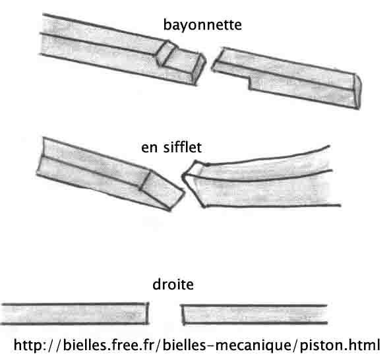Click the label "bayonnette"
click(x=202, y=26)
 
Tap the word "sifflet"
click(x=182, y=147)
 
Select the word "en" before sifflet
click(x=149, y=148)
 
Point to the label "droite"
click(x=173, y=284)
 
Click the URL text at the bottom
click(x=197, y=345)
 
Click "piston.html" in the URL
click(x=340, y=345)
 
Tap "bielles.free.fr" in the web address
click(x=108, y=345)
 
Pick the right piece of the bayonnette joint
click(x=287, y=78)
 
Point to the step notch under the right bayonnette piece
click(x=250, y=83)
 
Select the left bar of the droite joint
click(x=75, y=314)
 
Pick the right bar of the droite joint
click(x=254, y=315)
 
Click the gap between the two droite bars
click(x=165, y=314)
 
